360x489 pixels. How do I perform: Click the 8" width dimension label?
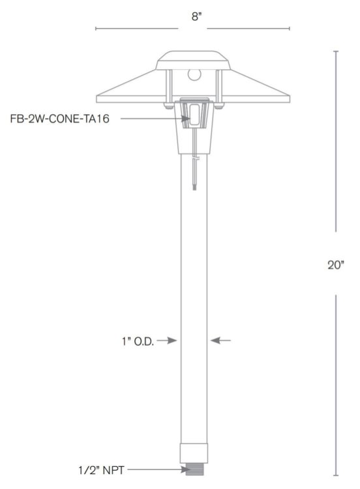click(193, 17)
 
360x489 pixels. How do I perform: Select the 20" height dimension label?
click(335, 265)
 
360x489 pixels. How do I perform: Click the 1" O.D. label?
click(138, 340)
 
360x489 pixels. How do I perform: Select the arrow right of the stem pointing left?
click(220, 340)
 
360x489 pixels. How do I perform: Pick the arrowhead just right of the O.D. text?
click(173, 340)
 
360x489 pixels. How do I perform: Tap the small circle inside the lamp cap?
click(194, 74)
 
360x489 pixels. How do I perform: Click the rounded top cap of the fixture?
click(193, 57)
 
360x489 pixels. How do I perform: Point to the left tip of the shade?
click(97, 100)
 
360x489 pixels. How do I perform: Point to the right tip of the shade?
click(290, 100)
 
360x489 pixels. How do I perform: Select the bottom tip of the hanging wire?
click(194, 188)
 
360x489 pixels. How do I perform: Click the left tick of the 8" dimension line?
click(96, 29)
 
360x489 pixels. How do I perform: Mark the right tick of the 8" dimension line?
click(290, 29)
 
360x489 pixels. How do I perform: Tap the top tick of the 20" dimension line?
click(336, 52)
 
